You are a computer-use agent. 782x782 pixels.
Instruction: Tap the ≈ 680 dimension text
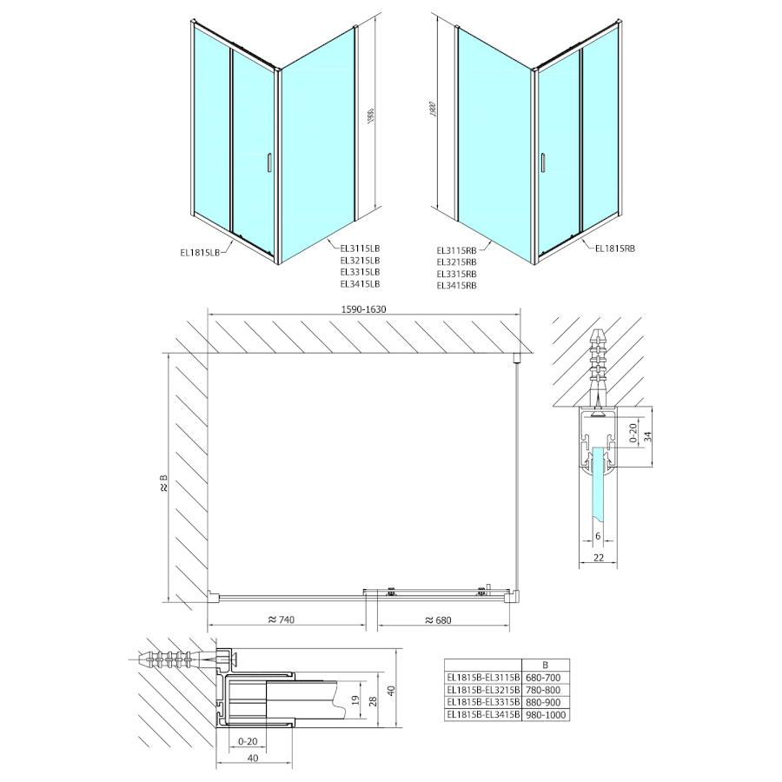coord(442,620)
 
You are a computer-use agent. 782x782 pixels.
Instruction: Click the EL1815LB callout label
coord(199,253)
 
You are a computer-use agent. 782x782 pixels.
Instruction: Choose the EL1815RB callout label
coord(616,249)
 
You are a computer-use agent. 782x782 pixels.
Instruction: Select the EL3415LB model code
coord(361,283)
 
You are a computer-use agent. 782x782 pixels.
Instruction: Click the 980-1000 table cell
coord(546,714)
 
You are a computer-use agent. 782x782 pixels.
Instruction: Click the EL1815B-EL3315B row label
coord(482,701)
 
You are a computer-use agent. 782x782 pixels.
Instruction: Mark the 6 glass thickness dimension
coord(598,537)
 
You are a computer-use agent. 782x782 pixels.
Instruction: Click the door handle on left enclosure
coord(268,162)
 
